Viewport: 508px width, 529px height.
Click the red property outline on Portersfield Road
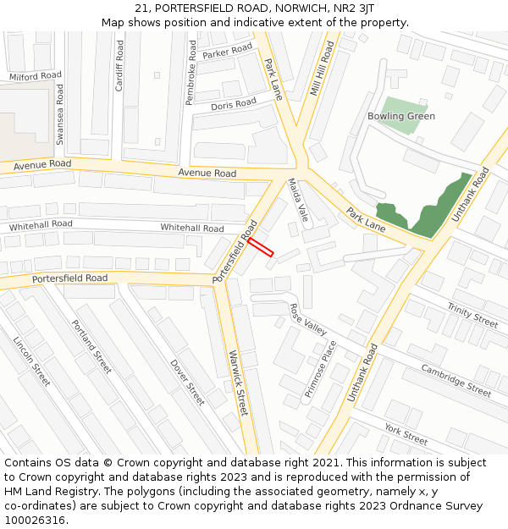point(261,246)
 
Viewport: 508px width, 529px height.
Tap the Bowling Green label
point(401,116)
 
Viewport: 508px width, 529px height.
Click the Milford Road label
point(36,76)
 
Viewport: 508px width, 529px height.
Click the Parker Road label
point(228,52)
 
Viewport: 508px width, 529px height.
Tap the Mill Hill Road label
point(322,69)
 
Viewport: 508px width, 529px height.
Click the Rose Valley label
point(308,319)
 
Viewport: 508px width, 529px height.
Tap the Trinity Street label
point(472,316)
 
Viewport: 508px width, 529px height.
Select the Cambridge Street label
point(456,380)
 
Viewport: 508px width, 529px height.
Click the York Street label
point(406,434)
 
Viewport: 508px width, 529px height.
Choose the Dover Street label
point(187,381)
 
